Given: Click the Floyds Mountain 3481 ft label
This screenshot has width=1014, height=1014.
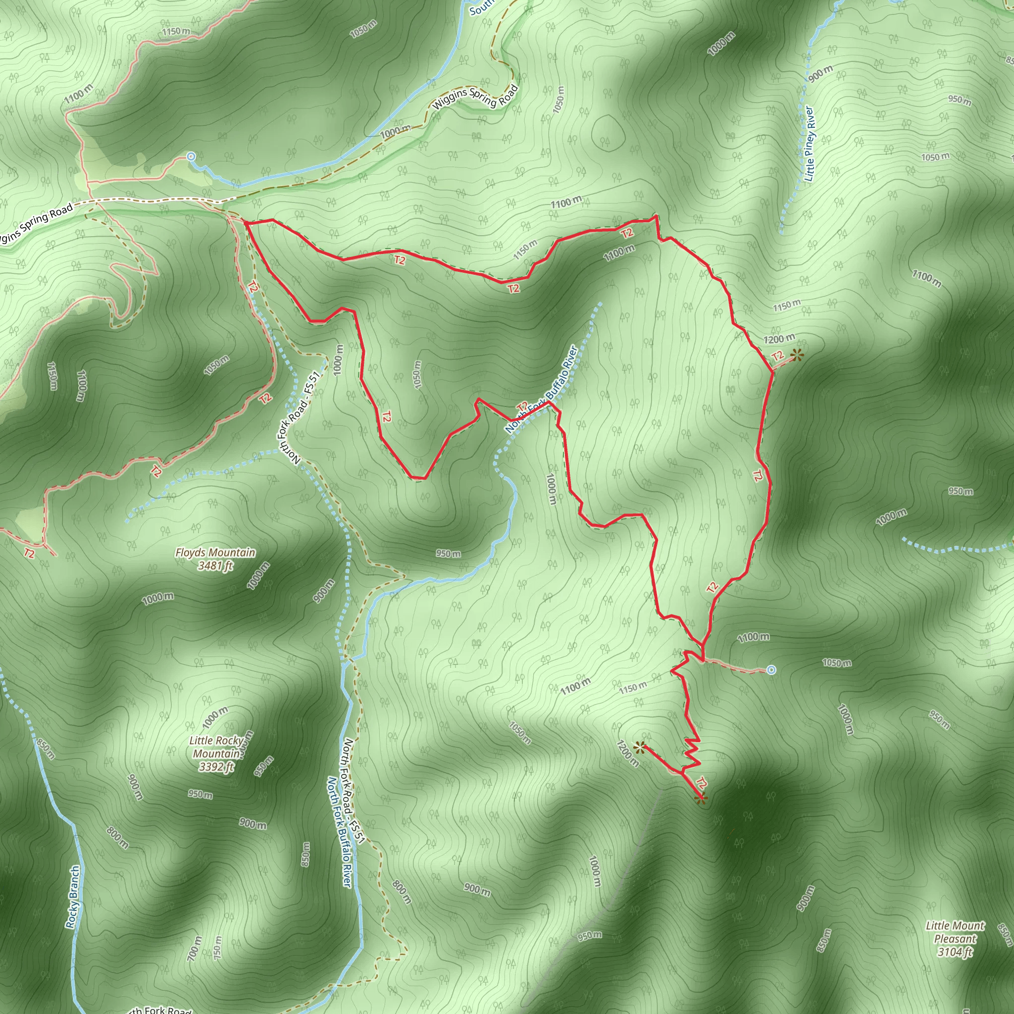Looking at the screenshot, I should pos(215,558).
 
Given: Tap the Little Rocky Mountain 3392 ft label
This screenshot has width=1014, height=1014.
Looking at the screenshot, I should pos(216,754).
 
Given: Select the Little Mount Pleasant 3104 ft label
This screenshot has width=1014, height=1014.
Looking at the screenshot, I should pos(955,938).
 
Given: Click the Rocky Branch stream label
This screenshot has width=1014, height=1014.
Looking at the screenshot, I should pos(73,897).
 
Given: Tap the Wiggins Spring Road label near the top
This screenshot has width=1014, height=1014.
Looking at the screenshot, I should pos(475,97).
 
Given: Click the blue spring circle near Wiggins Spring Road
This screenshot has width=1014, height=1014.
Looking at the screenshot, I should pos(191,156).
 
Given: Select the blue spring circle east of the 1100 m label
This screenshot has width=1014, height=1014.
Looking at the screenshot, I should pos(771,670).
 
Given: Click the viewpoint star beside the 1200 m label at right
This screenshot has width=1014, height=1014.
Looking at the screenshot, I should pos(797,355).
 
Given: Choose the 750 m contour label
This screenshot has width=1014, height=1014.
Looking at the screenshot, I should pos(217,948).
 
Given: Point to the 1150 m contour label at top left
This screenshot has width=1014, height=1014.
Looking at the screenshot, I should pos(176,32).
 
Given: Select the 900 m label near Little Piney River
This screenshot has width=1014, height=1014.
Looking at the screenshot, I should pos(821,73).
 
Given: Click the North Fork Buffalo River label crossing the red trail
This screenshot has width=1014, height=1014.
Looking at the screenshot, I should pos(542,389).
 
